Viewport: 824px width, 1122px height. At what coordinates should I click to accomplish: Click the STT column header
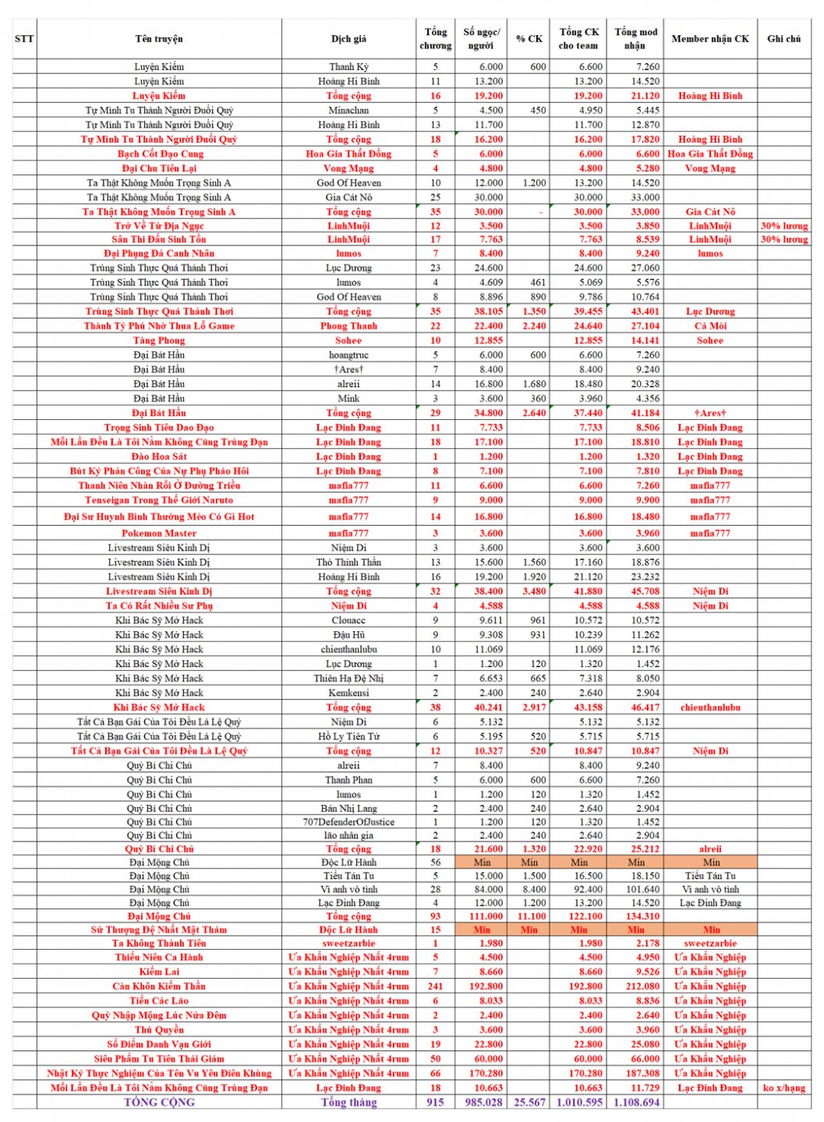pyautogui.click(x=24, y=39)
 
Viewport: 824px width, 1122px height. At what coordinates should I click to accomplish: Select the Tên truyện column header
pyautogui.click(x=159, y=39)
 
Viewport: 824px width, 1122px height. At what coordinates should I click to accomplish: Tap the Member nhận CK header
pyautogui.click(x=709, y=39)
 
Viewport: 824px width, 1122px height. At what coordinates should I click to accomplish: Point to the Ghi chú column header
pyautogui.click(x=783, y=39)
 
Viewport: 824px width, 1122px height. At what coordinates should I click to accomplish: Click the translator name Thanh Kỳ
pyautogui.click(x=348, y=67)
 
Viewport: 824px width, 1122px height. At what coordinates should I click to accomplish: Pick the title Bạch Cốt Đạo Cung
pyautogui.click(x=159, y=154)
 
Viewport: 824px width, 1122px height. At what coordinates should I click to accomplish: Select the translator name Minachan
pyautogui.click(x=348, y=111)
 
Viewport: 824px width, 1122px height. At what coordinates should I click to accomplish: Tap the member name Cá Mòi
pyautogui.click(x=709, y=326)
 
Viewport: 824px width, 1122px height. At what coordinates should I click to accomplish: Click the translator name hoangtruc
pyautogui.click(x=348, y=355)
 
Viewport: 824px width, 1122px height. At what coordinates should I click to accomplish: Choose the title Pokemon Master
pyautogui.click(x=159, y=534)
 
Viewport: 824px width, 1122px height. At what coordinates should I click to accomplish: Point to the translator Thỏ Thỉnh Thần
pyautogui.click(x=348, y=563)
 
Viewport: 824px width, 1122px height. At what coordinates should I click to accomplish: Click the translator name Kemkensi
pyautogui.click(x=348, y=693)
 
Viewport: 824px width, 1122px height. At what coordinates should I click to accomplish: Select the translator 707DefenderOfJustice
pyautogui.click(x=348, y=822)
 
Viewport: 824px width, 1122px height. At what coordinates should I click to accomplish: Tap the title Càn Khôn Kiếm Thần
pyautogui.click(x=159, y=986)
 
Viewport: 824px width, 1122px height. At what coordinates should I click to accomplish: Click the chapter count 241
pyautogui.click(x=435, y=986)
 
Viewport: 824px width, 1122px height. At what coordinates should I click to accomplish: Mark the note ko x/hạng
pyautogui.click(x=783, y=1088)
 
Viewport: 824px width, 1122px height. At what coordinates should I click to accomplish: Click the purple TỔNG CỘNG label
pyautogui.click(x=159, y=1103)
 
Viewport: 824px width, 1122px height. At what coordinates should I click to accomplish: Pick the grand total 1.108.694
pyautogui.click(x=636, y=1103)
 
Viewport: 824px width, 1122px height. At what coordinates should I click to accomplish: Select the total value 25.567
pyautogui.click(x=530, y=1103)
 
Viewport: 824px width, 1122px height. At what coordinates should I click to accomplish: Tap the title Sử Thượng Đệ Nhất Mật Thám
pyautogui.click(x=159, y=930)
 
